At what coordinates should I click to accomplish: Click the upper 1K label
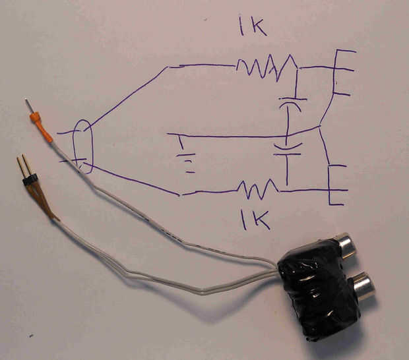click(x=253, y=26)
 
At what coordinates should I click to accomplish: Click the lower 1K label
click(x=255, y=220)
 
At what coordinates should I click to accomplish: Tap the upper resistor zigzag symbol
click(x=267, y=67)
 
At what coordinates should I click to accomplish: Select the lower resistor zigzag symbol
click(x=258, y=189)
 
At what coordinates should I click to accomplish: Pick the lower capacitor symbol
click(x=288, y=150)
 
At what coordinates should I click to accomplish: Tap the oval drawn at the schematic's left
click(x=83, y=146)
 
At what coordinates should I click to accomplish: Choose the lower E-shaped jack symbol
click(x=336, y=185)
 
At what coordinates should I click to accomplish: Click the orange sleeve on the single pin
click(x=41, y=127)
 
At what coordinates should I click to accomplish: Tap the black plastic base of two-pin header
click(x=30, y=181)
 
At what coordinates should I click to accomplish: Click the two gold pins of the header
click(x=23, y=165)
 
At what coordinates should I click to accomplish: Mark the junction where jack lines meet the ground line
click(x=319, y=127)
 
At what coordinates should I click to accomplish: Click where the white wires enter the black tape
click(x=278, y=270)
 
